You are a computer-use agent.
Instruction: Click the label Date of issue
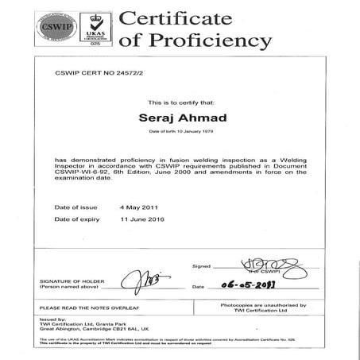coord(75,207)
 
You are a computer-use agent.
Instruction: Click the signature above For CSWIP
coord(255,263)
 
